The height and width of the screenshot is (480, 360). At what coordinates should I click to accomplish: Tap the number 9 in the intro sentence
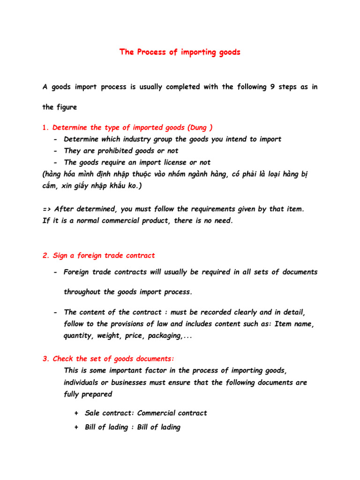[x=273, y=87]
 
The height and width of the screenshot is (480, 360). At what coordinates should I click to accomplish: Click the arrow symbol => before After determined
[x=47, y=209]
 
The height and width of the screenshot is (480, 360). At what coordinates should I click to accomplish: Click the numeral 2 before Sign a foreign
[x=45, y=255]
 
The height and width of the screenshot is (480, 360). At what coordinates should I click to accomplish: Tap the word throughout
[x=82, y=292]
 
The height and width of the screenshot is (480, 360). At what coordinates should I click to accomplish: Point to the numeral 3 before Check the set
[x=45, y=359]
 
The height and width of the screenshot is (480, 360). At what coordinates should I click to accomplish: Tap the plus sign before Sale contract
[x=76, y=413]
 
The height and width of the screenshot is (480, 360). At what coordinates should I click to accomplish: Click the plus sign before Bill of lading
[x=76, y=427]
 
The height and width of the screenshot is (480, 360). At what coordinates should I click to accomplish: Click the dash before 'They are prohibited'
[x=56, y=151]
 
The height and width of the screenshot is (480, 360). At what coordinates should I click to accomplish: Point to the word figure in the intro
[x=67, y=107]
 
